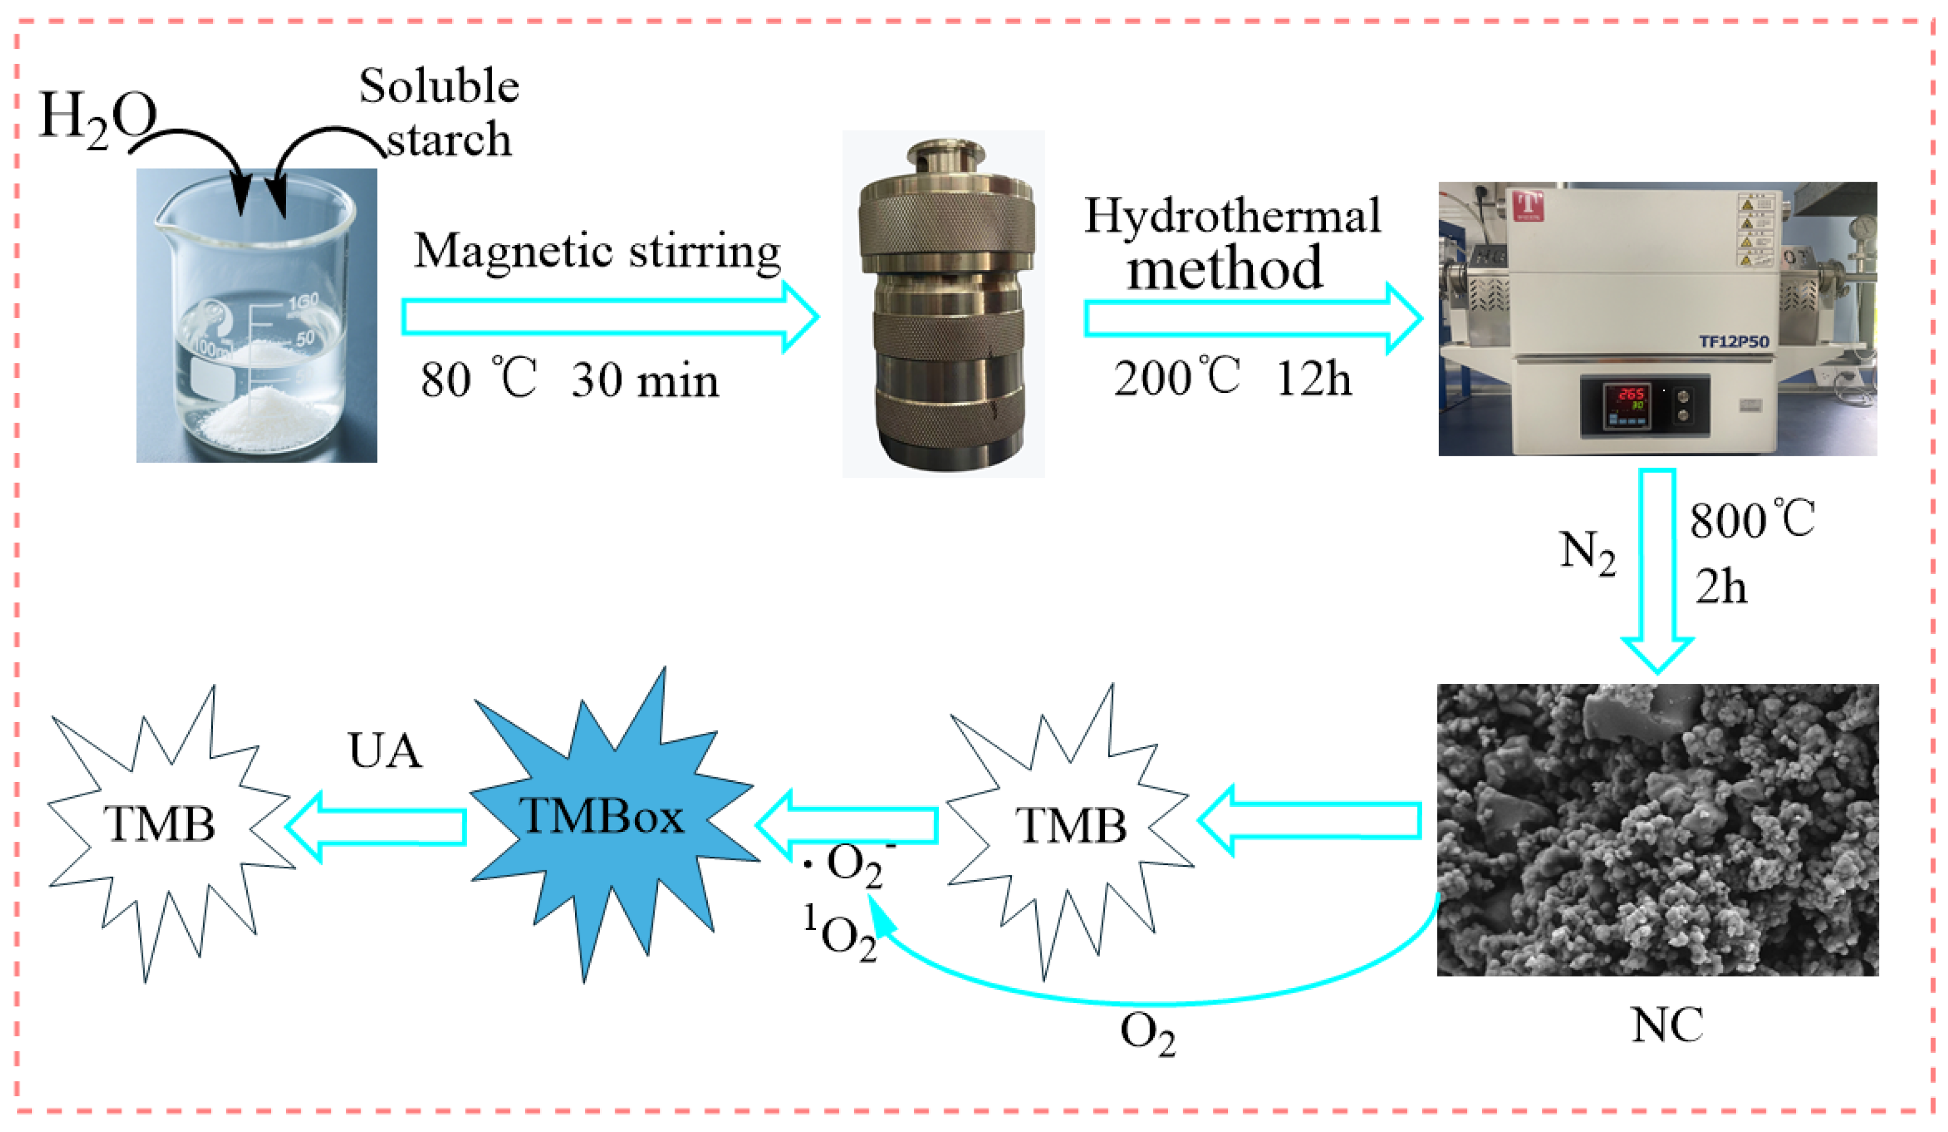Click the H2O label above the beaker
pos(97,117)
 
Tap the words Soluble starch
pos(440,113)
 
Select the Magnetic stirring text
pos(597,252)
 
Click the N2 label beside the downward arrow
pos(1587,552)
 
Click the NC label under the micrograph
pos(1667,1025)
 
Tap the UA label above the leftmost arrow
pos(385,751)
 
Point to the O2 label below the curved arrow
pos(1148,1033)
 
